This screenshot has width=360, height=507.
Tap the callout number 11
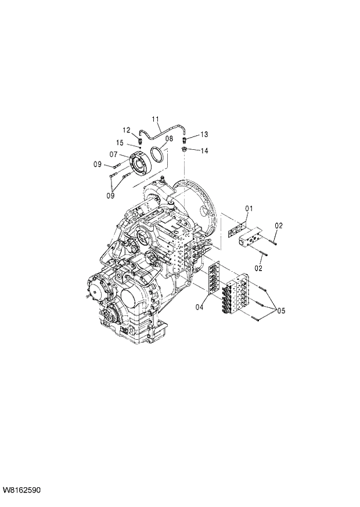pos(156,120)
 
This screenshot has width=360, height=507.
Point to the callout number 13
pos(204,135)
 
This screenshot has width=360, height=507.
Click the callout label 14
pos(204,150)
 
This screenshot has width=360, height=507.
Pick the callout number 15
pos(120,143)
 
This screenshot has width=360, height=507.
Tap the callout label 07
pos(114,154)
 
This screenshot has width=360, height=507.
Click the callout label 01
pos(249,208)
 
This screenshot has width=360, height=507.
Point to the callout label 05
pos(280,311)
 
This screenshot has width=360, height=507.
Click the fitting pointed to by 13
pos(185,139)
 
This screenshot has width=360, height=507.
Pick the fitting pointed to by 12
pos(139,140)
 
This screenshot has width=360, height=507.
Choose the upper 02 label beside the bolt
pos(279,225)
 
